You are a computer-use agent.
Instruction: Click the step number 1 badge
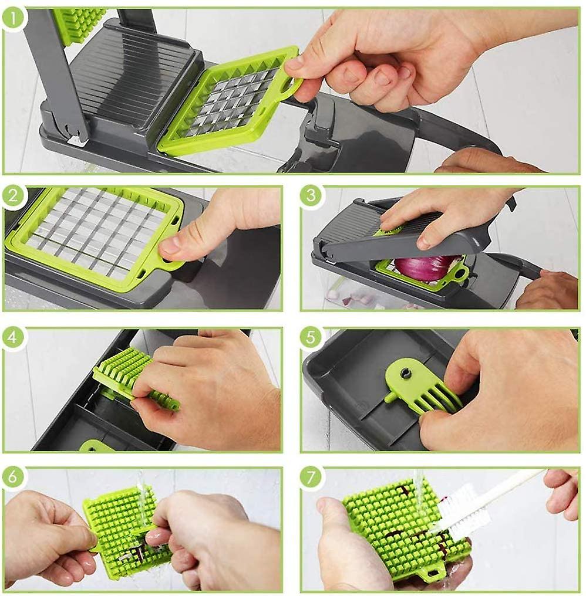tap(13, 18)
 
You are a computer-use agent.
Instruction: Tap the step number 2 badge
tap(13, 196)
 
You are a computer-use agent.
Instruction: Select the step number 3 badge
tap(311, 196)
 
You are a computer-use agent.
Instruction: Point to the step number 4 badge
tap(13, 337)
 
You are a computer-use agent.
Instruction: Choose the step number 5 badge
tap(311, 337)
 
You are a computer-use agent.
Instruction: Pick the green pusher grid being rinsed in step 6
tap(126, 530)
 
